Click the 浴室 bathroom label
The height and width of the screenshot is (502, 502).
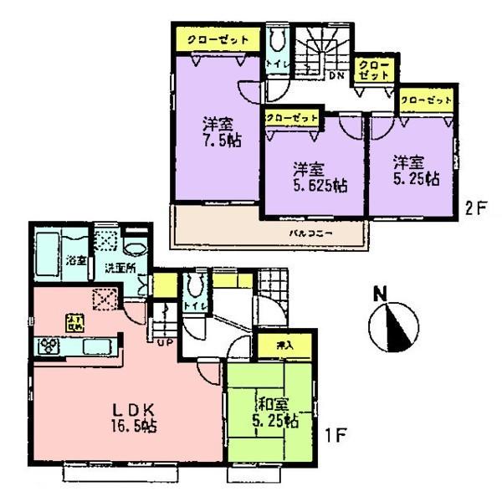[x=76, y=260]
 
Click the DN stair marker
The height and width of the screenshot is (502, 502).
[x=337, y=77]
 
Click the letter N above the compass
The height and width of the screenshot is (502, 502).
[x=381, y=294]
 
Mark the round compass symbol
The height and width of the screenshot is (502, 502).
[x=392, y=326]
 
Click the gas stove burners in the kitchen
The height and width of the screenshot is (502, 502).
[x=47, y=345]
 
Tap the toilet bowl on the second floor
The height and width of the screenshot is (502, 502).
[x=277, y=39]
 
